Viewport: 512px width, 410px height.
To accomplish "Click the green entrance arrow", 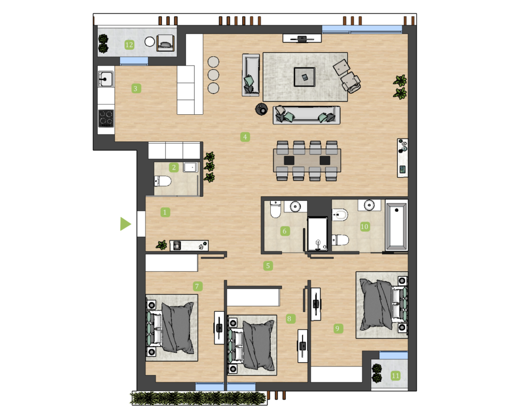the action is click(x=125, y=224).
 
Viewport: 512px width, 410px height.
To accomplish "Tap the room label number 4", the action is click(x=245, y=137).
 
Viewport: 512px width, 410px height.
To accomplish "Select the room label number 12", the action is click(x=130, y=45).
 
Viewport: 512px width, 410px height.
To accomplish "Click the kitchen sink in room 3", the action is click(x=106, y=79).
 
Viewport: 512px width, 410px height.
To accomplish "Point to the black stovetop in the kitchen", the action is click(x=106, y=118).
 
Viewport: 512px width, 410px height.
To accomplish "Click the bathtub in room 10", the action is click(x=396, y=225).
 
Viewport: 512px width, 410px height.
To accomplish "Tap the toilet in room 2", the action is click(x=163, y=181).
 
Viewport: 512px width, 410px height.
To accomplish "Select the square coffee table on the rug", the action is click(x=305, y=77).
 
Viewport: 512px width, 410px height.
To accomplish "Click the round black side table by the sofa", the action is click(x=262, y=109).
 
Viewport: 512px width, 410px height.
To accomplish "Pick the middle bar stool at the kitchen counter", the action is click(x=214, y=74).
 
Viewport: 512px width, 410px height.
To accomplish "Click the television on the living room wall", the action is click(x=302, y=39).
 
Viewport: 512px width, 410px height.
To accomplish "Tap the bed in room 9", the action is click(x=382, y=305).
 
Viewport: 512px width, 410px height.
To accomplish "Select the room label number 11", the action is click(x=395, y=376).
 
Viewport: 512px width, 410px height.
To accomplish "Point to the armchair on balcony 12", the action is click(x=165, y=43).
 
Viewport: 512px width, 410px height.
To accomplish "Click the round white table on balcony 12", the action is click(x=150, y=42).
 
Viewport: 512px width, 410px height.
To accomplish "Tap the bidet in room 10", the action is click(x=340, y=215).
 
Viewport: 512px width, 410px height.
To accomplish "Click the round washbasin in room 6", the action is click(x=295, y=207).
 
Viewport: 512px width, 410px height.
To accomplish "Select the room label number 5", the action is click(x=268, y=265).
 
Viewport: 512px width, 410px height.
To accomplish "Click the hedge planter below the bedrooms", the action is click(x=199, y=398).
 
